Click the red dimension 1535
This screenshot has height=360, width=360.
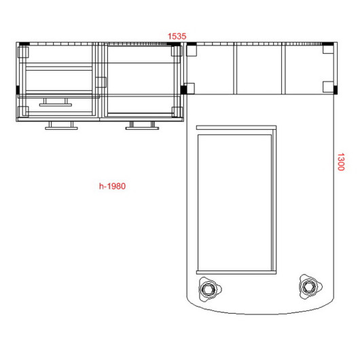tap(177, 36)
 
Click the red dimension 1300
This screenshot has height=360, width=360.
tap(341, 162)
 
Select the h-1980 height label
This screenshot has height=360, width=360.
tap(112, 186)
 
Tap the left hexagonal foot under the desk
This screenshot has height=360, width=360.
tap(210, 289)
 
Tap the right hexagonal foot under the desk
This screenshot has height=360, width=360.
tap(310, 287)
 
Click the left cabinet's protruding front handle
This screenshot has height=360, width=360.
tap(61, 126)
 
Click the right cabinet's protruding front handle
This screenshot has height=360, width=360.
tap(143, 126)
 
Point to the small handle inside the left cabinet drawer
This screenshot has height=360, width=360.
tap(56, 103)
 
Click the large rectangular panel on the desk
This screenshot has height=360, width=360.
tap(234, 202)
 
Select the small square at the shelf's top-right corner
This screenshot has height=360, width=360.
tap(328, 49)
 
